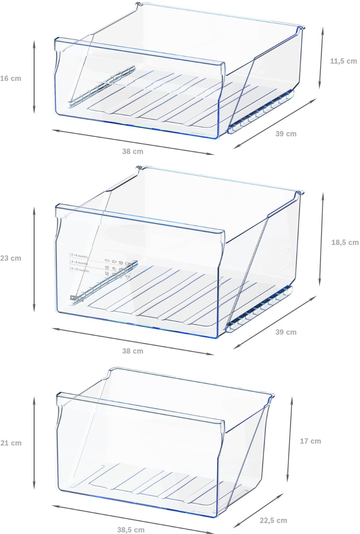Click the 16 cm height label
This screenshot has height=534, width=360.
[11, 78]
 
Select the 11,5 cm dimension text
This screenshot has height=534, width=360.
[343, 61]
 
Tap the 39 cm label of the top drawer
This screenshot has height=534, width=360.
[286, 134]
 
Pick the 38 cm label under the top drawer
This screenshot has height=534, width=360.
[132, 151]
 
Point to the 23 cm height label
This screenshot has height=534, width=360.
[11, 258]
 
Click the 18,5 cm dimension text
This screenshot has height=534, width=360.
[345, 242]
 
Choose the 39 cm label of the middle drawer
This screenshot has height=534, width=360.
[286, 332]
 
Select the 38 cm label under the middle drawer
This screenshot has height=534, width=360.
[132, 351]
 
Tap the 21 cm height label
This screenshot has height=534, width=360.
[11, 443]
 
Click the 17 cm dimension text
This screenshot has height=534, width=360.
[310, 441]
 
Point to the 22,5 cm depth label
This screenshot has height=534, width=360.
[273, 520]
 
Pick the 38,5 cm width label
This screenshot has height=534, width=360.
[131, 530]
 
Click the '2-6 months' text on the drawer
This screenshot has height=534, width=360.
[80, 255]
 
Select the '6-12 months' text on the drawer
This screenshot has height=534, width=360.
[80, 270]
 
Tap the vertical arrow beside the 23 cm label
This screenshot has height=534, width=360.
[34, 259]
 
